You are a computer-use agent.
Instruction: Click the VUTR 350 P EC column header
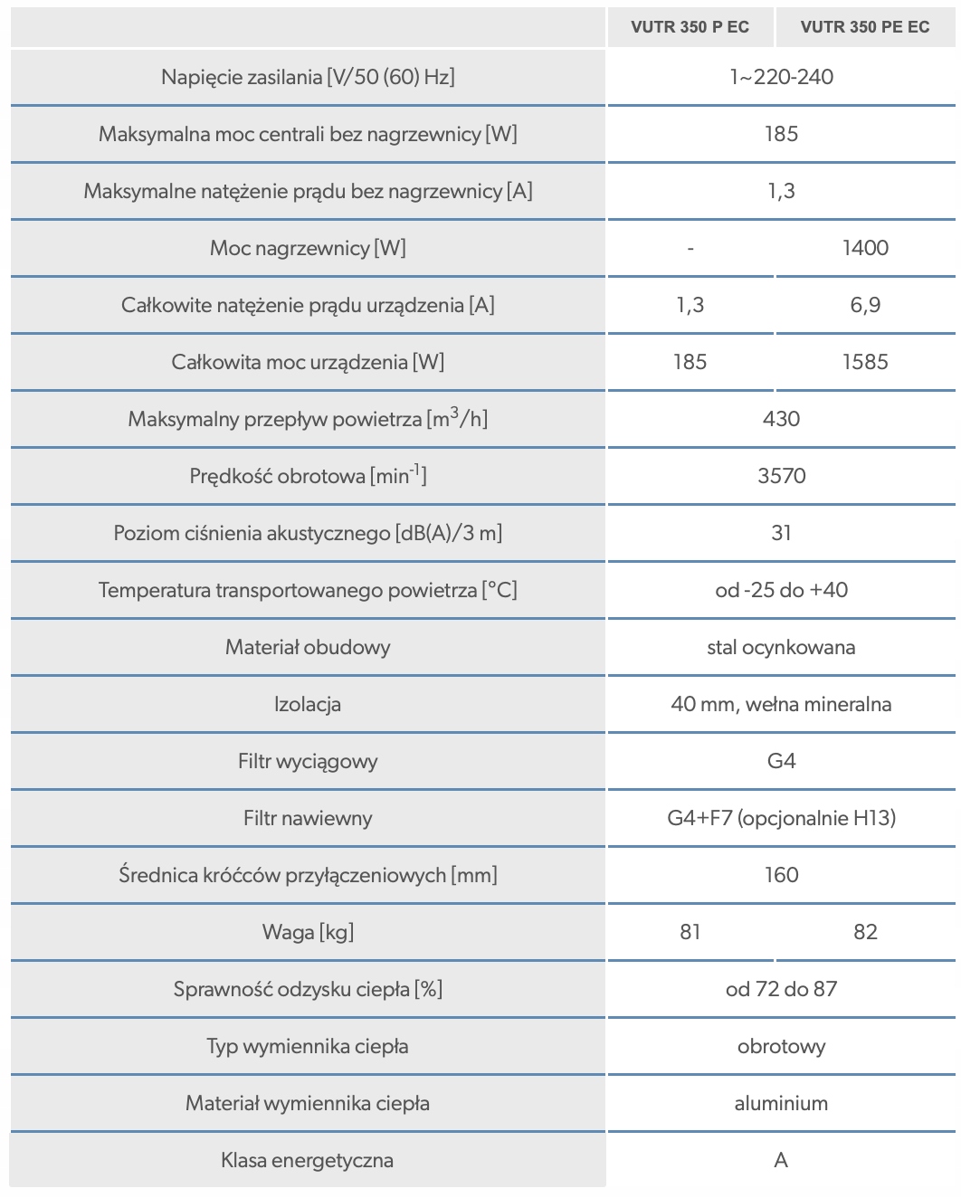click(690, 27)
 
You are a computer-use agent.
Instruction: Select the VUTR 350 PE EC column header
click(864, 27)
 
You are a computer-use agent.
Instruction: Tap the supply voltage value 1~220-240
click(781, 77)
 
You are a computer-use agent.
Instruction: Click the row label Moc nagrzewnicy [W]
click(308, 248)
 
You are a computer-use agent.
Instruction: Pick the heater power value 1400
click(865, 248)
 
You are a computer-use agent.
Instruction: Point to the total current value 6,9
click(865, 305)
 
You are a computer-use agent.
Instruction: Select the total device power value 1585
click(865, 362)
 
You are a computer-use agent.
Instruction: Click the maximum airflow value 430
click(781, 419)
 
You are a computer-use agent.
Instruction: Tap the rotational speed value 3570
click(781, 476)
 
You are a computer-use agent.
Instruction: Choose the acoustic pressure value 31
click(781, 533)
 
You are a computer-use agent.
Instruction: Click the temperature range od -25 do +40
click(781, 590)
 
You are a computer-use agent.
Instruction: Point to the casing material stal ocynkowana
click(781, 647)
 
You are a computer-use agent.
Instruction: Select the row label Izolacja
click(308, 704)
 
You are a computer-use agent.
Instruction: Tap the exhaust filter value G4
click(781, 761)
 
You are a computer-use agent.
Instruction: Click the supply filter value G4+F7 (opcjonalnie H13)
click(781, 818)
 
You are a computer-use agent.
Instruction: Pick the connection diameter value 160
click(781, 875)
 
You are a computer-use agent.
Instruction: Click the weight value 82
click(865, 932)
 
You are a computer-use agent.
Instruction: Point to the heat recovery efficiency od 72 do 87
click(781, 989)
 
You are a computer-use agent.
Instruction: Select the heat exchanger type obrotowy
click(781, 1046)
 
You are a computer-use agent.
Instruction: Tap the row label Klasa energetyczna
click(308, 1160)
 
